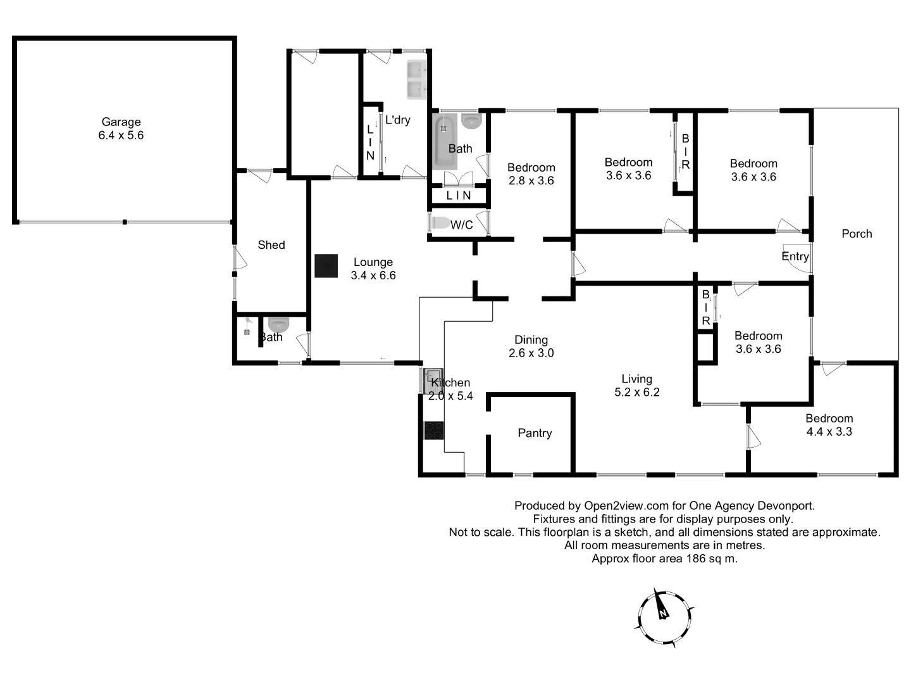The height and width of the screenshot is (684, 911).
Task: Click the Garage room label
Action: click(121, 122)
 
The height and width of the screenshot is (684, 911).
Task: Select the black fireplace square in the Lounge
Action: click(326, 266)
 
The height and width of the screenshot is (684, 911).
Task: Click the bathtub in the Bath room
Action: click(445, 141)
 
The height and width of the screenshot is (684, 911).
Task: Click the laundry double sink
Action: click(416, 80)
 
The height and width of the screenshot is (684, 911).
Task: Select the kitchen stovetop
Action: click(433, 431)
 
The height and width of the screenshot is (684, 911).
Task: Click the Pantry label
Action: click(535, 433)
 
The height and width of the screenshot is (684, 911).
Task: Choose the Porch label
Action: click(857, 234)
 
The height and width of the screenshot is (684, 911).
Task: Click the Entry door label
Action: click(795, 256)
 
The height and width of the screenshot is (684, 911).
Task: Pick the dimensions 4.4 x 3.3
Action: click(829, 432)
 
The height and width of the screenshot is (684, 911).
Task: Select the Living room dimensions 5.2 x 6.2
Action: click(636, 393)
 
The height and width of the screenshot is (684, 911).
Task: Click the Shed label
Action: click(271, 245)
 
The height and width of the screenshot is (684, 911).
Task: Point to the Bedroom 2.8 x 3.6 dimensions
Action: click(531, 180)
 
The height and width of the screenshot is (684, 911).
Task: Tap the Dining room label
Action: click(531, 340)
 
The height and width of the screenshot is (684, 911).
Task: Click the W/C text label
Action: click(461, 225)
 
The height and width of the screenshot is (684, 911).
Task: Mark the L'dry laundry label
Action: click(397, 120)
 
